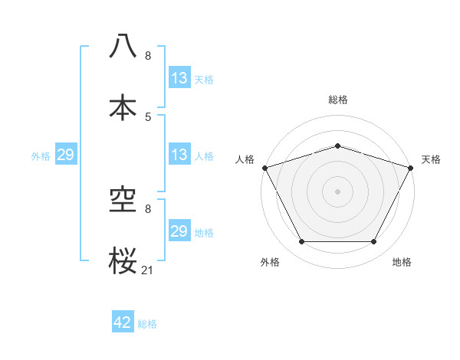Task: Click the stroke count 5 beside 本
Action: point(148,116)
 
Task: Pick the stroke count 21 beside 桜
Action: point(148,269)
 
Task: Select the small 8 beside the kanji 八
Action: point(148,56)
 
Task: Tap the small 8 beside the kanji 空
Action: point(148,208)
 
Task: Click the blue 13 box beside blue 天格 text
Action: point(179,78)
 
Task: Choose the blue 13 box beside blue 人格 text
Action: point(179,155)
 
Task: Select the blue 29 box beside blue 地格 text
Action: point(179,231)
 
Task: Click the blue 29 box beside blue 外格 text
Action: point(65,155)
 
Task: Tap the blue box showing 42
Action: point(123,322)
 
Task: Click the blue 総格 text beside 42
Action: point(147,324)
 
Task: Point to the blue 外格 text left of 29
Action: point(41,156)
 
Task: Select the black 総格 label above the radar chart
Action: point(337,100)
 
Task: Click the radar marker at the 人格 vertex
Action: point(264,168)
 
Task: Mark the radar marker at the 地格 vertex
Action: point(373,242)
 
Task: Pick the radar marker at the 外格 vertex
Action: point(301,242)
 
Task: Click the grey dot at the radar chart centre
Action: point(337,191)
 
